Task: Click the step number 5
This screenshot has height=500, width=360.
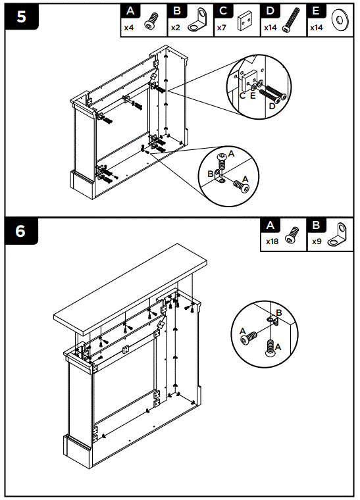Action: coord(21,16)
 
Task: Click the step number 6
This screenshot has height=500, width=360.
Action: coord(21,232)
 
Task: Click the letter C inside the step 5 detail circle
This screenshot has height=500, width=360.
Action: coord(242,95)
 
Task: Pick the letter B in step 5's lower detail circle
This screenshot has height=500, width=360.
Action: coord(211,174)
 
